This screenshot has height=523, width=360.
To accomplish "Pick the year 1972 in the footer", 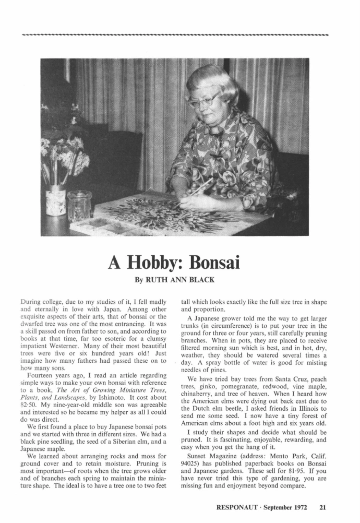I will click(304, 506).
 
